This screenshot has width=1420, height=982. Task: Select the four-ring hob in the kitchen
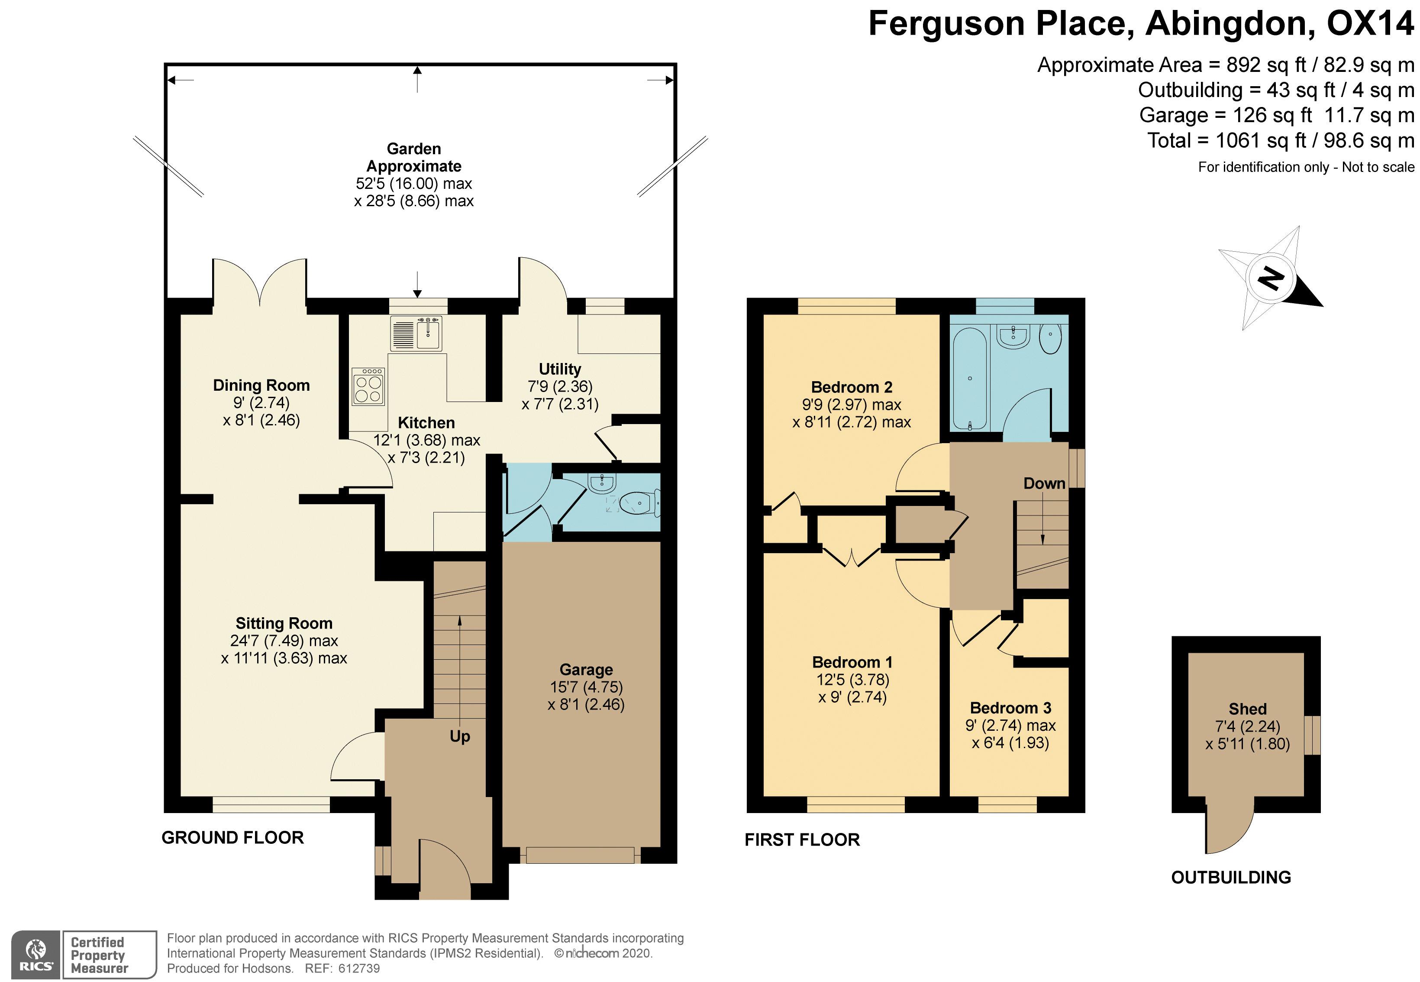(x=368, y=387)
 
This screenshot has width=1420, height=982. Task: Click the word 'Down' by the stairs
(x=1044, y=483)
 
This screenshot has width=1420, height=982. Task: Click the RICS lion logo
(x=36, y=954)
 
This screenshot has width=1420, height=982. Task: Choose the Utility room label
(x=560, y=369)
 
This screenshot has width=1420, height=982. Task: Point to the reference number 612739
(x=359, y=969)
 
